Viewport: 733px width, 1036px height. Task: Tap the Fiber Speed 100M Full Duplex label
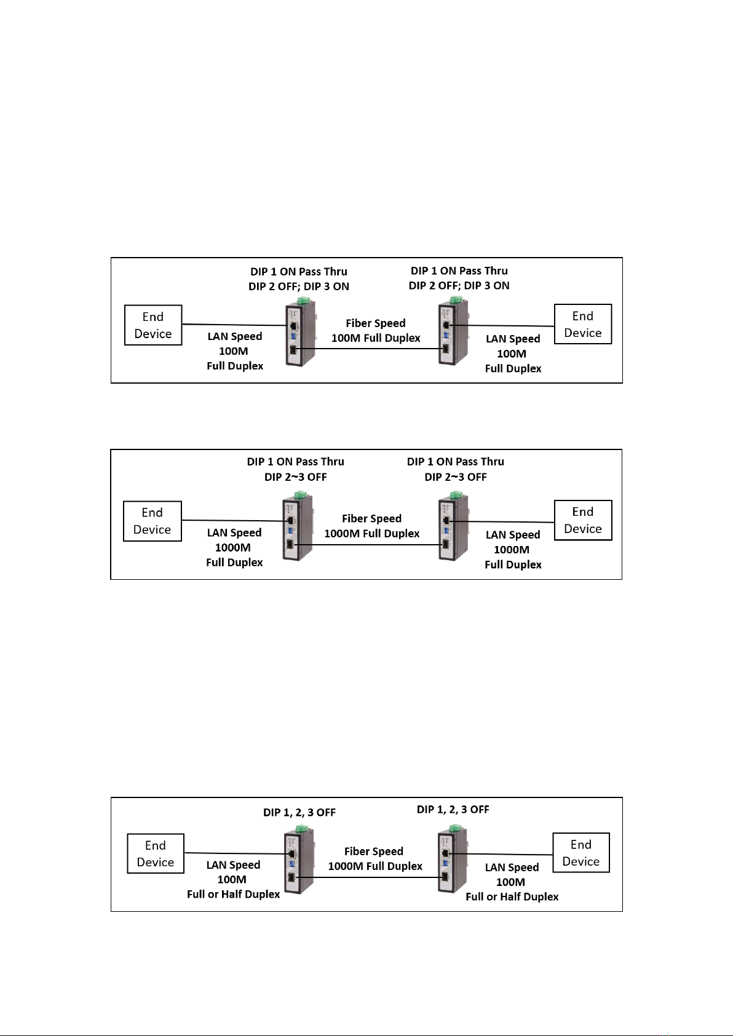click(x=376, y=331)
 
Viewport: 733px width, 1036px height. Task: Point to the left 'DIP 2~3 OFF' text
click(x=296, y=477)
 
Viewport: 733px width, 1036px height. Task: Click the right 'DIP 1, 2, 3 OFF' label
click(x=453, y=809)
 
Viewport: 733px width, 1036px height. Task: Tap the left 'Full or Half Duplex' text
click(x=233, y=894)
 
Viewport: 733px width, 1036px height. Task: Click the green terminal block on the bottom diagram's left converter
click(x=301, y=827)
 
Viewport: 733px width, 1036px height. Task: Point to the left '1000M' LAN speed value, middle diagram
click(x=233, y=548)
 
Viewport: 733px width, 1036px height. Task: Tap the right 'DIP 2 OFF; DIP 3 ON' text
click(x=459, y=285)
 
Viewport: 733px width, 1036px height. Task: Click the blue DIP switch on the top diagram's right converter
click(x=446, y=334)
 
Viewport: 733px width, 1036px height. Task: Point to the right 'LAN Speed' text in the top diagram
click(x=513, y=339)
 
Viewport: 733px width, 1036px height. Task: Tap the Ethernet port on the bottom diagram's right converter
click(x=445, y=854)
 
